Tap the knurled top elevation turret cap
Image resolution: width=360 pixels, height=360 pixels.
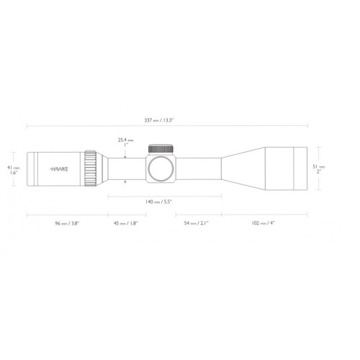coord(162,149)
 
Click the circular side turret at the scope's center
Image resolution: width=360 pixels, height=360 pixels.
coord(162,169)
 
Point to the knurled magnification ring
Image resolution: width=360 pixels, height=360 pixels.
coord(90,169)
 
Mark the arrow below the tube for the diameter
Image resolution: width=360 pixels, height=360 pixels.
coord(125,184)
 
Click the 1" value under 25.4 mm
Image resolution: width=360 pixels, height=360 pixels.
coord(125,145)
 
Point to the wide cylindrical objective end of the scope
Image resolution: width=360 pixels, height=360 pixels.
coord(287,169)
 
